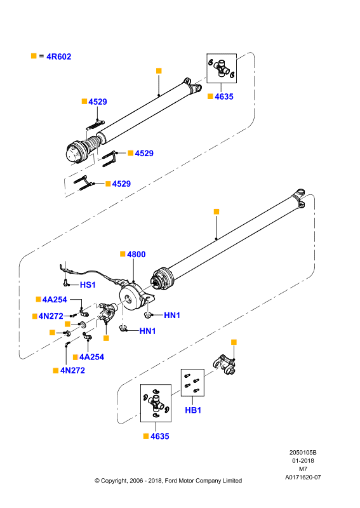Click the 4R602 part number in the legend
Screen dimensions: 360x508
[58, 57]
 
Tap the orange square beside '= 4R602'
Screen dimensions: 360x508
[34, 56]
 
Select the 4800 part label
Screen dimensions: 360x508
[136, 255]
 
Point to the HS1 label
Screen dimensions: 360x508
[88, 284]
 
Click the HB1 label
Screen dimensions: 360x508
[193, 410]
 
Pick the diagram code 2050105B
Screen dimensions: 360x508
[303, 453]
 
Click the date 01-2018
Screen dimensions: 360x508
[303, 461]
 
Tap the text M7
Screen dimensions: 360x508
[303, 469]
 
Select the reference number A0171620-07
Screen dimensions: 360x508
[303, 478]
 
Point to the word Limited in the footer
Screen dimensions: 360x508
[232, 481]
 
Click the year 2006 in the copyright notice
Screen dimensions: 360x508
[136, 481]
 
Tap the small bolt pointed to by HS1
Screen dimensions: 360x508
[66, 283]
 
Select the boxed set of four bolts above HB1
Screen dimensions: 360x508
[192, 382]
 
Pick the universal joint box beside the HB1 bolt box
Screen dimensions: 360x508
[156, 403]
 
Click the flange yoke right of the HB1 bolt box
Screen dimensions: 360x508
[225, 364]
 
